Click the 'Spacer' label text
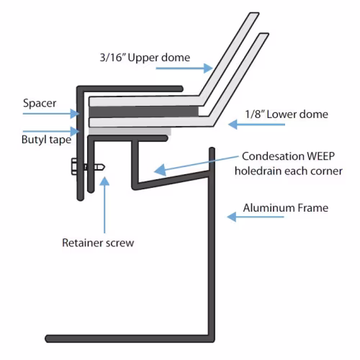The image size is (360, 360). pyautogui.click(x=40, y=104)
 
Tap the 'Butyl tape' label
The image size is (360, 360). pyautogui.click(x=46, y=140)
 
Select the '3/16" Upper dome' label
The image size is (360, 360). pyautogui.click(x=145, y=58)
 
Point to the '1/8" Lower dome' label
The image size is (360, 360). pyautogui.click(x=287, y=114)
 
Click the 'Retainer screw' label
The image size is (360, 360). pyautogui.click(x=98, y=243)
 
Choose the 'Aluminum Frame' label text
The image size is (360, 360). pyautogui.click(x=286, y=208)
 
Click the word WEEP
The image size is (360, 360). pyautogui.click(x=320, y=156)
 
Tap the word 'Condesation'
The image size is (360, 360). pyautogui.click(x=273, y=156)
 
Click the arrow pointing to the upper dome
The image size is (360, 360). pyautogui.click(x=184, y=68)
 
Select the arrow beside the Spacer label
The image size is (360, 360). pyautogui.click(x=51, y=113)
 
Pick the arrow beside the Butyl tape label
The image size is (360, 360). pyautogui.click(x=51, y=131)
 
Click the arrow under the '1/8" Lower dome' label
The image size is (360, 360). pyautogui.click(x=256, y=125)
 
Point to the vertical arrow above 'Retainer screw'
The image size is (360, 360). pyautogui.click(x=104, y=204)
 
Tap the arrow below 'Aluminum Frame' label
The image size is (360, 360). pyautogui.click(x=256, y=217)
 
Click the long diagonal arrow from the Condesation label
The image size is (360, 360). pyautogui.click(x=197, y=164)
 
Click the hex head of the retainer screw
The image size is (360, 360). pyautogui.click(x=74, y=166)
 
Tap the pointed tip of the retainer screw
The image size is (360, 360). pyautogui.click(x=104, y=167)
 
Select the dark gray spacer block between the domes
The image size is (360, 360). pyautogui.click(x=143, y=112)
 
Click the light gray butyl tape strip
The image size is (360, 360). pyautogui.click(x=130, y=131)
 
